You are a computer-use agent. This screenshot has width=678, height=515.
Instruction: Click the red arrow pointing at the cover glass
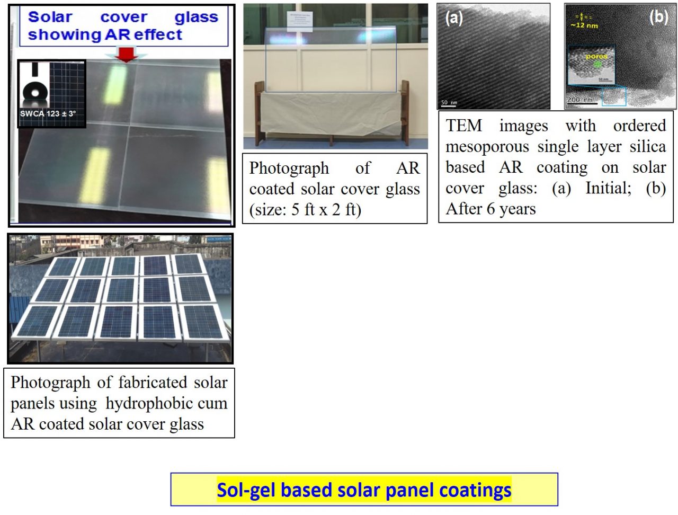[x=126, y=54]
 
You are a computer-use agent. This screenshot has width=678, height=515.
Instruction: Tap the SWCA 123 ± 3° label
[x=48, y=113]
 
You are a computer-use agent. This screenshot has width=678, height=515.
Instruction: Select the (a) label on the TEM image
[x=454, y=17]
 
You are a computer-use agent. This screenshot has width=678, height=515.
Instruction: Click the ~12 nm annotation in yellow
[x=584, y=25]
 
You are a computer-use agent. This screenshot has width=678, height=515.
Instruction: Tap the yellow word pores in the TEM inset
[x=596, y=56]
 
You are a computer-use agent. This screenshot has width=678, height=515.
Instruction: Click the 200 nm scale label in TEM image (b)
[x=581, y=100]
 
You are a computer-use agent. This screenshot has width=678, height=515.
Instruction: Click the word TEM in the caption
[x=464, y=126]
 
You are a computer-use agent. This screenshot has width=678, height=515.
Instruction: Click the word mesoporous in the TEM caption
[x=487, y=146]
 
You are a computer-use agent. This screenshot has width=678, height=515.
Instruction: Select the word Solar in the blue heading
[x=50, y=17]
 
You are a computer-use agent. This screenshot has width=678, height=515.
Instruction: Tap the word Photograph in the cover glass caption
[x=289, y=168]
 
